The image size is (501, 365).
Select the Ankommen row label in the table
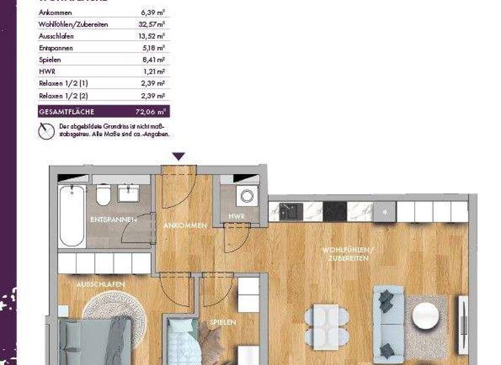(x=56, y=12)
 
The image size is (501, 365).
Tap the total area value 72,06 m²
(x=154, y=111)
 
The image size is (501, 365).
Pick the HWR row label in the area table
(x=47, y=72)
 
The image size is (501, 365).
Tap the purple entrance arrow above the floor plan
(x=179, y=156)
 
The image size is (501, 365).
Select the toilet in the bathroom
(x=103, y=194)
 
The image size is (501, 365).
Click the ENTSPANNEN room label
(x=114, y=220)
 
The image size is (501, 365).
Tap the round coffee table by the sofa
(x=427, y=315)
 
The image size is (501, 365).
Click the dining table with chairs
(x=326, y=324)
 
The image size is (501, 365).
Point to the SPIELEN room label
(x=222, y=322)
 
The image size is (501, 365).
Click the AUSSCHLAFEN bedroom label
(x=100, y=285)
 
